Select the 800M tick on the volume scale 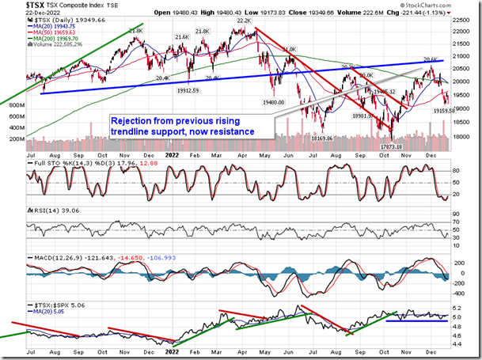pos(13,116)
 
